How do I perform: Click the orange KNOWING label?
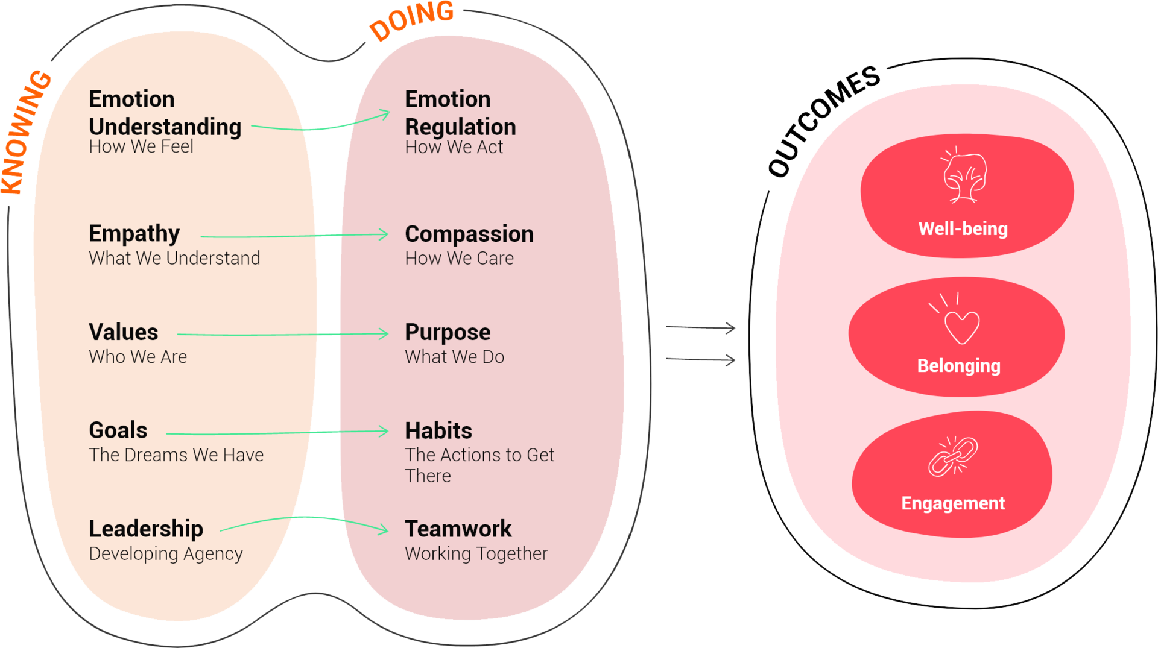[27, 133]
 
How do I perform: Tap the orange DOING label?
[412, 20]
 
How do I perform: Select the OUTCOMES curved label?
[824, 121]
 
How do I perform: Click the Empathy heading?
[134, 234]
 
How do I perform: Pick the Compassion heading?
[469, 234]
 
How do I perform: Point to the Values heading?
[124, 332]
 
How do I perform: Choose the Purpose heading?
[448, 333]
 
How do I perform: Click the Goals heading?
[118, 430]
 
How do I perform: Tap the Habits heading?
[438, 431]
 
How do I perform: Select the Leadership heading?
[146, 529]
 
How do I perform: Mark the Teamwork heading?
[458, 529]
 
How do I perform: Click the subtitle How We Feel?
[141, 146]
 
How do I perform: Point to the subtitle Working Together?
[476, 553]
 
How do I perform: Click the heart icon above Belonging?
[961, 326]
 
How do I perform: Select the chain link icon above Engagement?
[953, 457]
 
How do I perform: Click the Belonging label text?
[959, 366]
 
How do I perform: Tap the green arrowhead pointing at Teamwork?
[383, 530]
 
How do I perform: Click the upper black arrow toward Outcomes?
[701, 328]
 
